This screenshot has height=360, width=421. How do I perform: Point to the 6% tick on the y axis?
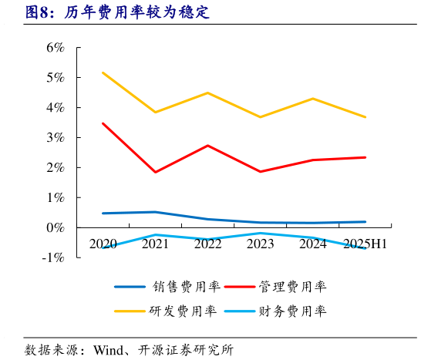[x=55, y=48]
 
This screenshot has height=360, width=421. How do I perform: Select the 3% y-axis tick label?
[x=55, y=138]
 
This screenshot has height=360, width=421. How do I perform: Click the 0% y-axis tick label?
[x=55, y=228]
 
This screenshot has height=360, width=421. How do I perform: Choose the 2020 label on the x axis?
[x=103, y=244]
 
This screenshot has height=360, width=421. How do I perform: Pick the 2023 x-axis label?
[x=261, y=244]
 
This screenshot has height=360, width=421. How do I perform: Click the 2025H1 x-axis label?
[x=365, y=244]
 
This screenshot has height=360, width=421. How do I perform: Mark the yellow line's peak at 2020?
[x=103, y=72]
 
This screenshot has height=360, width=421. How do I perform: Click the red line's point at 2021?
[x=155, y=172]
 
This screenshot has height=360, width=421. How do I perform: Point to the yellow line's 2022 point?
[x=207, y=93]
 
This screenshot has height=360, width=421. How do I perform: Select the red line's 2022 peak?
[x=207, y=146]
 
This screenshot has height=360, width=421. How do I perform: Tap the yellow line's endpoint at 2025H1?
[x=365, y=117]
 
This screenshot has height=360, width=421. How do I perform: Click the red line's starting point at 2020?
[x=103, y=123]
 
